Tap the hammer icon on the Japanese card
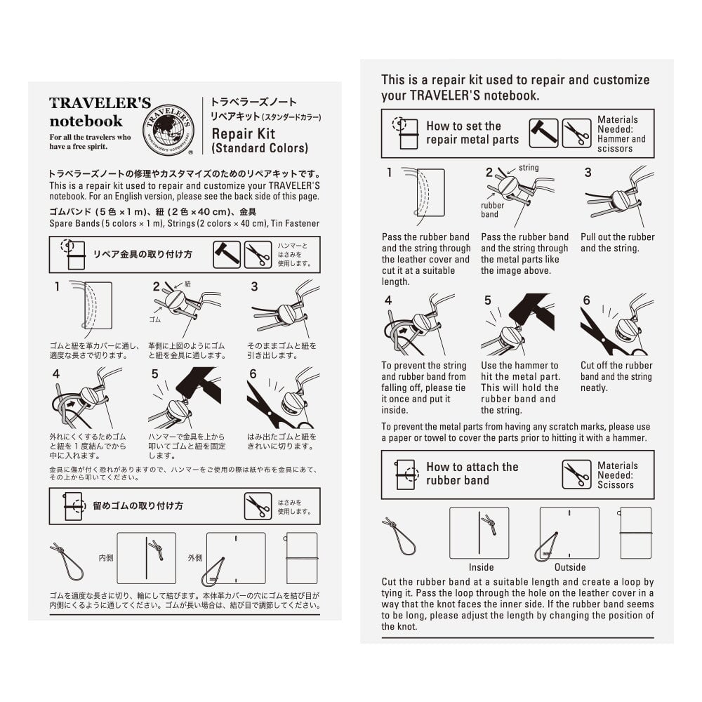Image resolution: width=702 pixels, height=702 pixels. pos(227,255)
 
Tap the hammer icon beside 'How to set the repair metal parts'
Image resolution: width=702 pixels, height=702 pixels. pos(543,133)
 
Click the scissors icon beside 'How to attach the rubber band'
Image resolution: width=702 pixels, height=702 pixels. pos(576,475)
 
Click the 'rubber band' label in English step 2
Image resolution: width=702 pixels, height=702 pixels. pos(493,209)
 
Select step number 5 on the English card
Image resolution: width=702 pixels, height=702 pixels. pos(489,300)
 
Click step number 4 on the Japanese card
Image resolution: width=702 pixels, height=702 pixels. pos(58,374)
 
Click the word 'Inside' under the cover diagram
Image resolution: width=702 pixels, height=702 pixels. pos(481,567)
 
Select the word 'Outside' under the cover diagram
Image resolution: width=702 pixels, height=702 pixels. pos(569,567)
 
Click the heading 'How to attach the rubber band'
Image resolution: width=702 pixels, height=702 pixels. pos(472,474)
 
